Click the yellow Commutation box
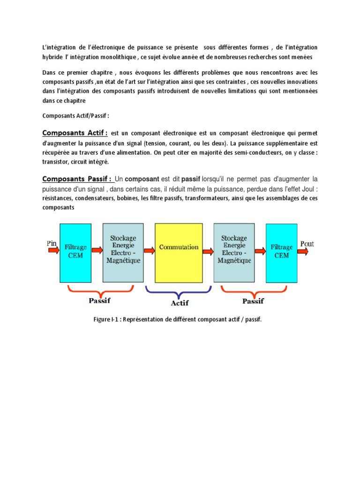click(x=179, y=247)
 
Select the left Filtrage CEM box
click(x=75, y=251)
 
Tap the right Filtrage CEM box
click(x=282, y=251)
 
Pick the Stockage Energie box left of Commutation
click(x=123, y=249)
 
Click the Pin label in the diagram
click(x=52, y=243)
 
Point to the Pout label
click(x=307, y=244)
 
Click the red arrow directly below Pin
click(x=53, y=251)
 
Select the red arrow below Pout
click(x=303, y=252)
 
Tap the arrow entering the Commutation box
click(x=150, y=250)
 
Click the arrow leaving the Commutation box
click(x=208, y=250)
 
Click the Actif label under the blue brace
click(x=180, y=303)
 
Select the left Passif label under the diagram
click(x=99, y=300)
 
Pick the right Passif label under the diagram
click(x=253, y=300)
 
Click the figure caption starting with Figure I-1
click(x=178, y=319)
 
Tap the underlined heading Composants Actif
click(x=75, y=132)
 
